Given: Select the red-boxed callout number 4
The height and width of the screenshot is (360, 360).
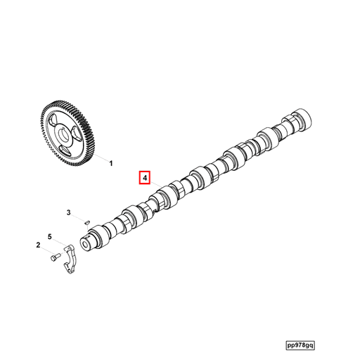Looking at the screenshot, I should point(144,179).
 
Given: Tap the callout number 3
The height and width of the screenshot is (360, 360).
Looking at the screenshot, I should point(69,212).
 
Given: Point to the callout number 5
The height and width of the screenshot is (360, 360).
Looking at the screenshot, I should point(49,236).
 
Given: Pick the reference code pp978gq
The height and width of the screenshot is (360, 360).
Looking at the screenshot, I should point(310,346).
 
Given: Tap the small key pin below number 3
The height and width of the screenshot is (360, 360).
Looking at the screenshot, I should point(85,223).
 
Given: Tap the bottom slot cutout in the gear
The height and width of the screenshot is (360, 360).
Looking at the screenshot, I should point(65,148).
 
